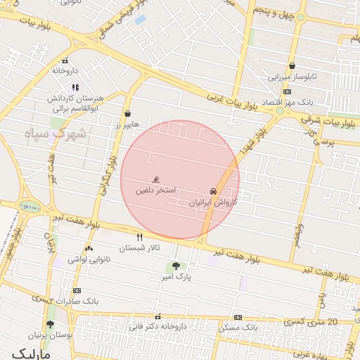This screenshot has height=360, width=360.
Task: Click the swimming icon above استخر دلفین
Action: [x=156, y=181]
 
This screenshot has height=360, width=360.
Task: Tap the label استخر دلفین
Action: [x=156, y=191]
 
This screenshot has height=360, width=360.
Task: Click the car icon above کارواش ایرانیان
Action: [x=212, y=191]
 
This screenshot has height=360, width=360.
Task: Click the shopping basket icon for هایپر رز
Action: [x=127, y=113]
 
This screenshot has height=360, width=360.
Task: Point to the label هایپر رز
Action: [x=127, y=124]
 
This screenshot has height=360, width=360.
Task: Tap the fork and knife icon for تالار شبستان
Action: [x=139, y=238]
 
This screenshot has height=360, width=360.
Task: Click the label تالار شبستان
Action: [x=140, y=248]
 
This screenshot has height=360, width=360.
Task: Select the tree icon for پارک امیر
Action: [x=175, y=266]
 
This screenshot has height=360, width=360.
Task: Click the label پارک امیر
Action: [x=175, y=277]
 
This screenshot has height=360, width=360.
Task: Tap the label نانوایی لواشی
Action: [x=88, y=259]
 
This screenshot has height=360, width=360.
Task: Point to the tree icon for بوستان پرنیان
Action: [x=50, y=324]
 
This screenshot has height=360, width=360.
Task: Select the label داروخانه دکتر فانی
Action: [x=157, y=327]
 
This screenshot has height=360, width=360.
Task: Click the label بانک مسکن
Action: [x=238, y=328]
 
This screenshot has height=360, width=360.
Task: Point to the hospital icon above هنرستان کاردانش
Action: [x=75, y=87]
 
